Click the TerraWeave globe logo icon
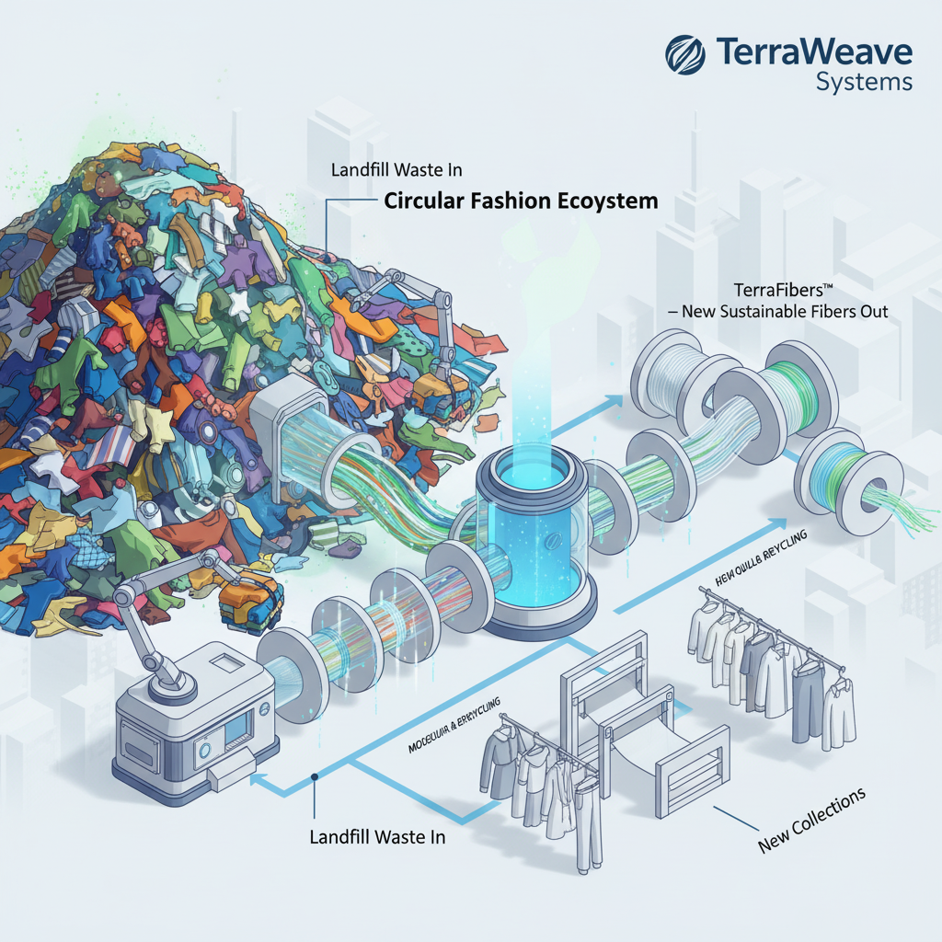click(685, 54)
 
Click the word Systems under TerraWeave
click(864, 82)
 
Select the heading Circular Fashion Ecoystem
click(521, 201)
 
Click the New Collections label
click(811, 818)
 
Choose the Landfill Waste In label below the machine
click(378, 837)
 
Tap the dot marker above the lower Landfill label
click(315, 776)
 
